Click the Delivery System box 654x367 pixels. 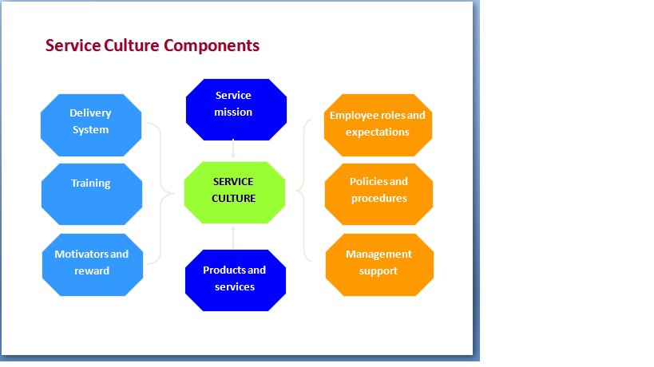pyautogui.click(x=91, y=121)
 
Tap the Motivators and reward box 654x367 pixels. pyautogui.click(x=92, y=263)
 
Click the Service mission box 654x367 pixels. pyautogui.click(x=233, y=105)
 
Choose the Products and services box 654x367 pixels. pyautogui.click(x=234, y=278)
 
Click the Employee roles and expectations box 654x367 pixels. pyautogui.click(x=378, y=124)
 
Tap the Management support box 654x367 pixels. pyautogui.click(x=379, y=264)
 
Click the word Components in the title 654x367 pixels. pyautogui.click(x=212, y=45)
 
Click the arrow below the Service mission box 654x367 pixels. pyautogui.click(x=233, y=148)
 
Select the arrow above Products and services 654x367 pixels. pyautogui.click(x=233, y=237)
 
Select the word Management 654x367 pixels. pyautogui.click(x=379, y=255)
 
